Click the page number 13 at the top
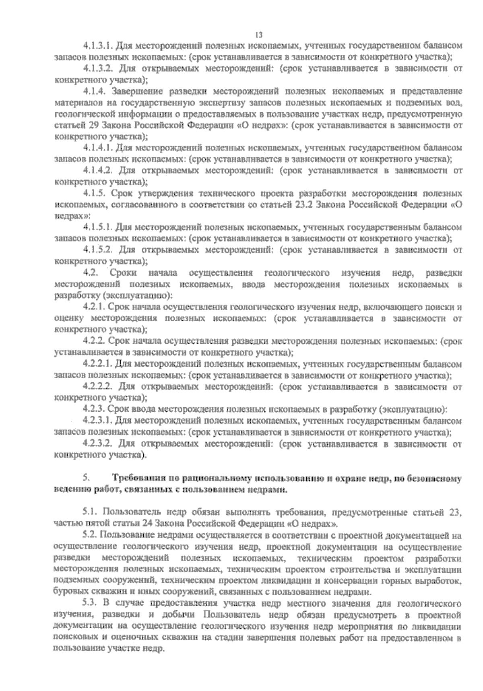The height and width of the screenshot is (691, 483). (259, 35)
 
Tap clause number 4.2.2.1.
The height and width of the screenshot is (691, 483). (97, 364)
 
